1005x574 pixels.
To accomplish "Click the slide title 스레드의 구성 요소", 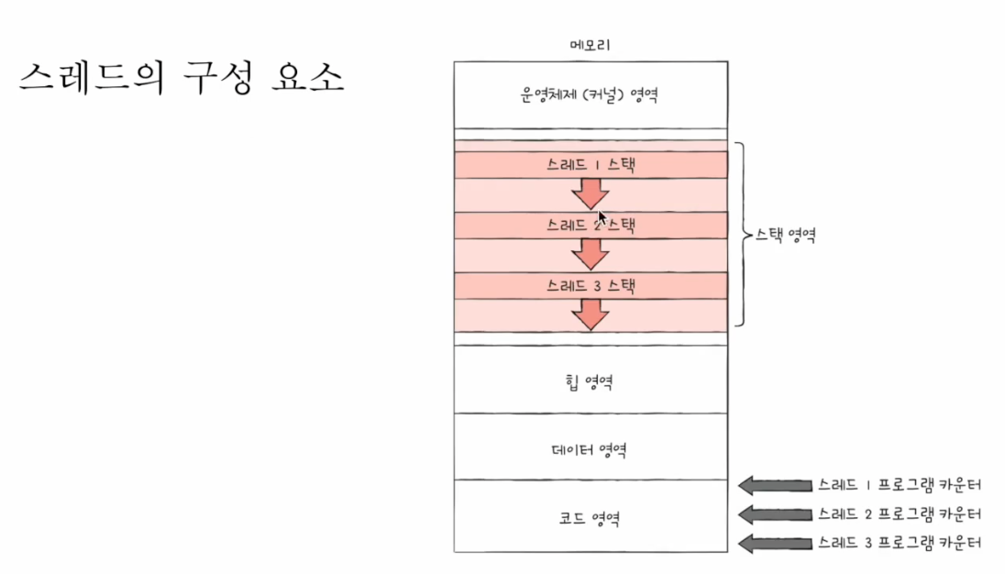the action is coord(181,78).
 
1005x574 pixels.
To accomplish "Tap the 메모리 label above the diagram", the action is coord(591,45).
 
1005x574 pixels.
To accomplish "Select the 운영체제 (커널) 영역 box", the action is coord(591,94).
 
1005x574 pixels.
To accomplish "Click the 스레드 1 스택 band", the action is coord(591,165).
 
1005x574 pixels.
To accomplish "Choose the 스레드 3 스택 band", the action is coord(591,285).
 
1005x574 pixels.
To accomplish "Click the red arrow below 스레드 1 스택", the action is coord(591,193).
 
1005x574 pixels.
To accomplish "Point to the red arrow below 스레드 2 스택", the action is coord(591,252).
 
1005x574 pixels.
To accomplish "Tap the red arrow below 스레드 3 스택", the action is coord(591,314).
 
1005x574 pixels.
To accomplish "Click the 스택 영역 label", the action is coord(785,234).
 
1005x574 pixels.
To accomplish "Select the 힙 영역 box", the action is coord(591,380).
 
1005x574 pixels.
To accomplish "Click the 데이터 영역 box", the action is coord(591,447).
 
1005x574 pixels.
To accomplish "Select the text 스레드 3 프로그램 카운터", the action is coord(900,543).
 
